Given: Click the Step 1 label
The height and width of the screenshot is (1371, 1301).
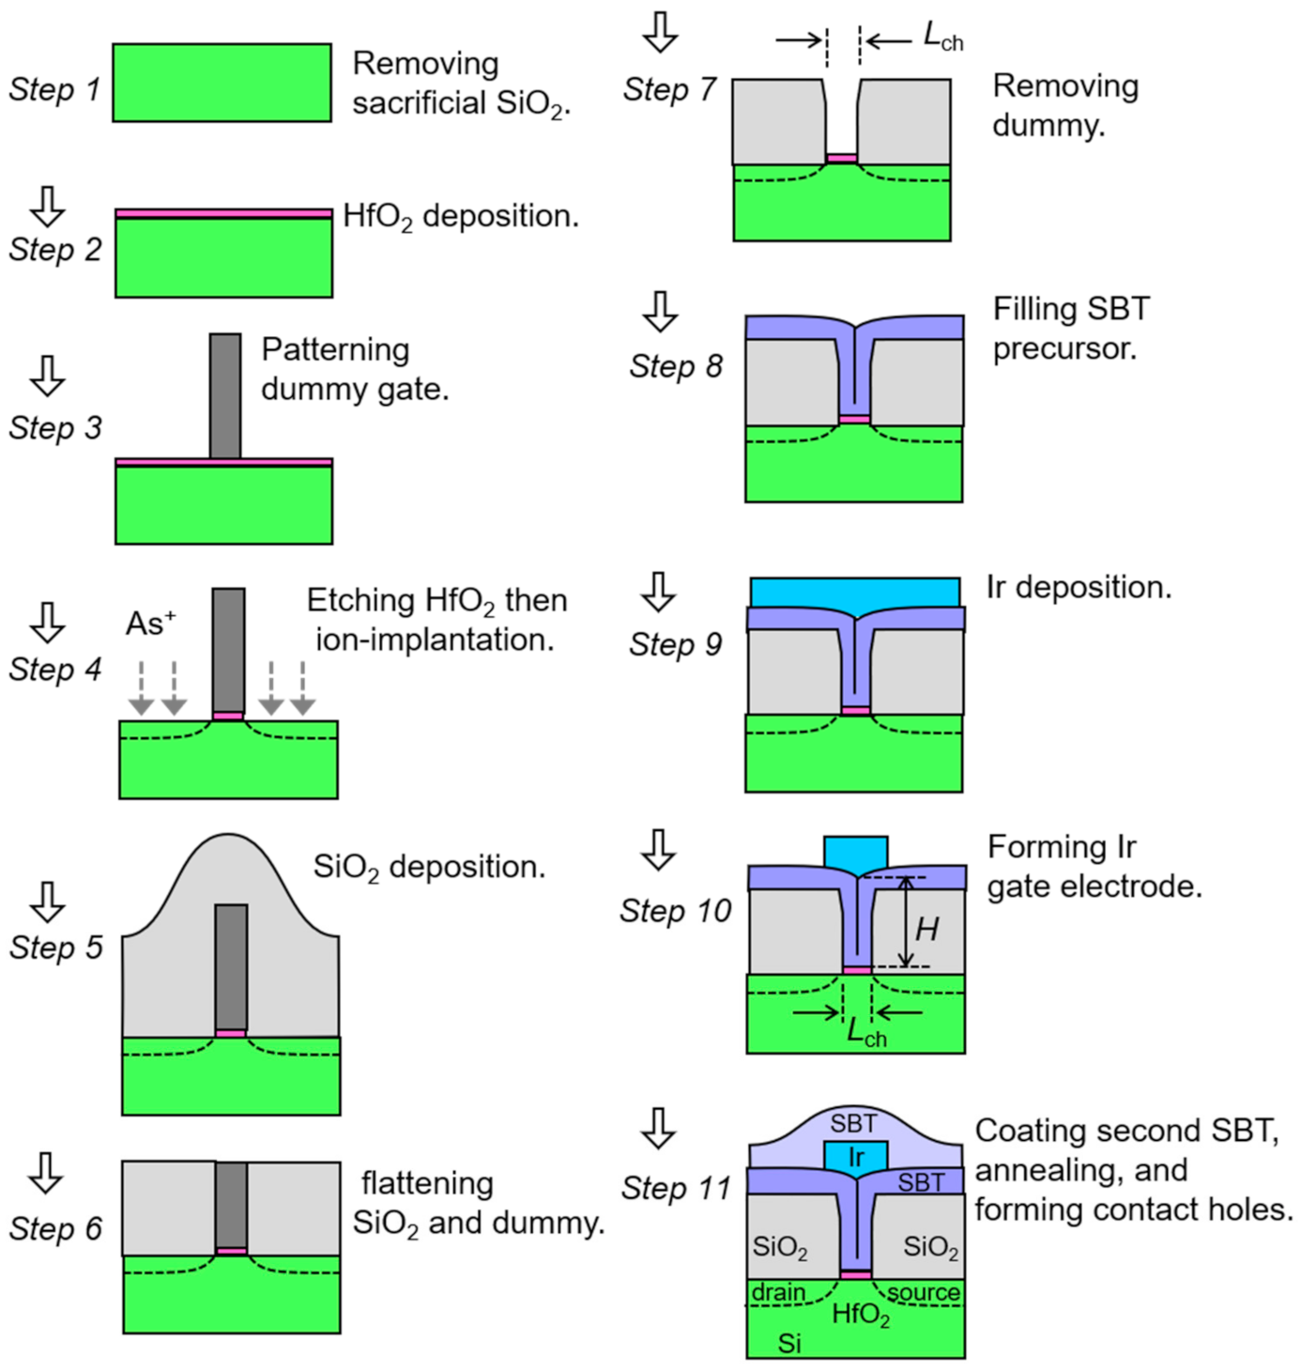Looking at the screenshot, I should coord(54,89).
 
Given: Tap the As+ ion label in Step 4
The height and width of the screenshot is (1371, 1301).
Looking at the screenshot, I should coord(150,623).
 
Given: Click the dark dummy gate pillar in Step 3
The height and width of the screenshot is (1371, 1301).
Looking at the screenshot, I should coord(225,395).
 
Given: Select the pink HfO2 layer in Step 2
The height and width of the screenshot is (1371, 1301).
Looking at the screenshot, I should coord(223,214).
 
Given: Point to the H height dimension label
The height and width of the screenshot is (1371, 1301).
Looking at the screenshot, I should coord(926,929).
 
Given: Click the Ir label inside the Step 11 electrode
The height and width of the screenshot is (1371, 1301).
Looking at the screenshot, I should coord(855,1158).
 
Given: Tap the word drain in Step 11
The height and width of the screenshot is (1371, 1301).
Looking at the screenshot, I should coord(778,1293).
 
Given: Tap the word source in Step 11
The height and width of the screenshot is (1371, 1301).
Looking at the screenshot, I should coord(924,1293).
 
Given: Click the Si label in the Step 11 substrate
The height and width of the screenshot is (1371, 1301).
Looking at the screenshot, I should coord(789,1344).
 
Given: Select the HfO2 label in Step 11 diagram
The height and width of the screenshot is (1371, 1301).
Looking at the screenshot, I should coord(861,1314).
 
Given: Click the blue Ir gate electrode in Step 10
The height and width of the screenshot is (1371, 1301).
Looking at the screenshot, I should coord(855,852).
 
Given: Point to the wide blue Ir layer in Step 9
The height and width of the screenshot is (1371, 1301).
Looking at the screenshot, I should coord(855,593).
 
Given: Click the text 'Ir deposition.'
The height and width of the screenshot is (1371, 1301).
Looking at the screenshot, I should coord(1079,588).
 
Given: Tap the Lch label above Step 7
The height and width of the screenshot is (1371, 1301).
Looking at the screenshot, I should coord(942,38).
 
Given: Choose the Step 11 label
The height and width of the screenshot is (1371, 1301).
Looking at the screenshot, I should coord(676,1188).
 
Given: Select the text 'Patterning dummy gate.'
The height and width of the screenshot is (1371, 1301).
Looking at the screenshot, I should coord(355,369).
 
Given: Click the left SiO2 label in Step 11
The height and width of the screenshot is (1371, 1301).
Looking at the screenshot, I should coord(780,1247).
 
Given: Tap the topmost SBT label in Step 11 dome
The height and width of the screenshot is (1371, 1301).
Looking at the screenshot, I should coord(853,1123).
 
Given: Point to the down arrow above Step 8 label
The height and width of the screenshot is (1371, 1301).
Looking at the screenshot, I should coord(661,311).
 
